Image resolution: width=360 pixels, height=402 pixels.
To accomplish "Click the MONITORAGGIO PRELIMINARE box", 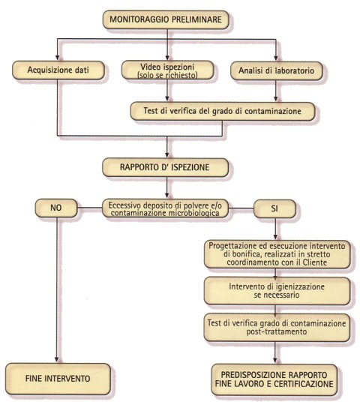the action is [x=166, y=19].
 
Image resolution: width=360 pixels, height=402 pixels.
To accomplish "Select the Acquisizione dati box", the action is [x=58, y=70].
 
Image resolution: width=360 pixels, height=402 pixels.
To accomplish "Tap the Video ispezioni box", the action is [x=167, y=70].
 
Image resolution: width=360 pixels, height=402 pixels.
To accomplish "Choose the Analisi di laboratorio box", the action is [x=276, y=70].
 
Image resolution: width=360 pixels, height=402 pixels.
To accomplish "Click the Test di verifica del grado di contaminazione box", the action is [x=222, y=111].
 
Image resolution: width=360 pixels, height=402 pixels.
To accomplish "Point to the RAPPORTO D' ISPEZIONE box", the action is [x=165, y=167].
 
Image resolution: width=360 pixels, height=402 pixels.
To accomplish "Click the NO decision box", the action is [x=56, y=208].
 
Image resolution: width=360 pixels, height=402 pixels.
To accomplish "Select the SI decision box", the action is [x=274, y=208].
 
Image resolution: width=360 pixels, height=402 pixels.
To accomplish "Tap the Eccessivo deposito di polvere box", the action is [x=165, y=208].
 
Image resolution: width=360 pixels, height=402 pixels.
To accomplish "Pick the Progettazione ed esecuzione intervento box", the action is [x=277, y=254].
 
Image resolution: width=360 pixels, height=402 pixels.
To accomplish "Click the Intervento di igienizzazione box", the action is [x=277, y=291].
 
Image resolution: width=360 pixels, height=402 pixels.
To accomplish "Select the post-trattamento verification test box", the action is [x=277, y=328].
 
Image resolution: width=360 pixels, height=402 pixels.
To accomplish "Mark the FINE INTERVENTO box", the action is [x=58, y=379].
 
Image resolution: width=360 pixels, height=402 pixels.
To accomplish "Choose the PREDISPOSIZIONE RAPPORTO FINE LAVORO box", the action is [x=274, y=379].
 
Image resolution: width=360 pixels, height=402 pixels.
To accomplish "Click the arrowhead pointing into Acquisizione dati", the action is [x=58, y=58].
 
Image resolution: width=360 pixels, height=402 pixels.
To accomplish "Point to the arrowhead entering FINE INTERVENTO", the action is [x=57, y=360].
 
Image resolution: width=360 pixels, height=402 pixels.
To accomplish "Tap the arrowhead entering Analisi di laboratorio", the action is [x=276, y=58].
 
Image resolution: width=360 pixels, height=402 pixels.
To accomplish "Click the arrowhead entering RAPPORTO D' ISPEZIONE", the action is [x=167, y=155].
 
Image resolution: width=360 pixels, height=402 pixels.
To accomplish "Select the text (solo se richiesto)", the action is [x=168, y=75].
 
